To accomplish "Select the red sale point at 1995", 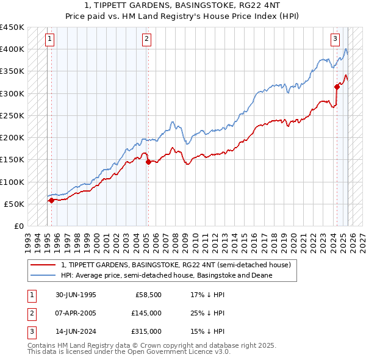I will [x=51, y=200].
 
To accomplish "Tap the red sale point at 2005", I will [x=148, y=162].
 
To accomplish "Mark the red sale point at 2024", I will [x=337, y=87].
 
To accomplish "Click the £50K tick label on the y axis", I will [x=14, y=204].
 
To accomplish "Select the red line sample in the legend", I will [x=43, y=265].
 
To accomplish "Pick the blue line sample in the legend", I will [x=43, y=275].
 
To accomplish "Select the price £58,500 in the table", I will [x=148, y=295].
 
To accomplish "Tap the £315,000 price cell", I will [x=146, y=331].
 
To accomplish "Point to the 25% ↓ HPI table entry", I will [x=207, y=313].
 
